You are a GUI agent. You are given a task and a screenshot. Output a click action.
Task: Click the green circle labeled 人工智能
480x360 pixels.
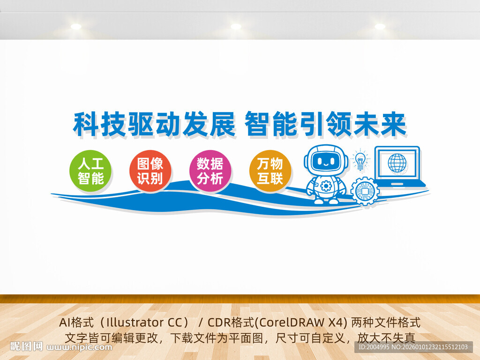click(90, 171)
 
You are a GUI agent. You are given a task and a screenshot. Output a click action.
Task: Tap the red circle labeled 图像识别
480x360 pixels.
click(150, 171)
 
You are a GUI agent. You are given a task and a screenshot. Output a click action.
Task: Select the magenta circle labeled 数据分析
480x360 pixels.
click(210, 171)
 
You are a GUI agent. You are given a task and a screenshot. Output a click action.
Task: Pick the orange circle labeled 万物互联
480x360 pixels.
click(270, 171)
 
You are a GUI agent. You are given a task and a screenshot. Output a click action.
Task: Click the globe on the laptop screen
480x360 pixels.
click(397, 162)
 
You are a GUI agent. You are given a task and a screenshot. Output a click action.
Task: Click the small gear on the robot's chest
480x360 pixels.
click(326, 186)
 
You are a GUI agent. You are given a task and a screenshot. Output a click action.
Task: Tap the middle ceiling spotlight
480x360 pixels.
click(235, 27)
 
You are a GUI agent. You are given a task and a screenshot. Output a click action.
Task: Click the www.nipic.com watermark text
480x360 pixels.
click(80, 347)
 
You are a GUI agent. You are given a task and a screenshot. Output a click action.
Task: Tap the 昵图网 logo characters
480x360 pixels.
click(27, 347)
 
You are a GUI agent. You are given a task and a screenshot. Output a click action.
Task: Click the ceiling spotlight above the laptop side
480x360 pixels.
click(380, 27)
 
